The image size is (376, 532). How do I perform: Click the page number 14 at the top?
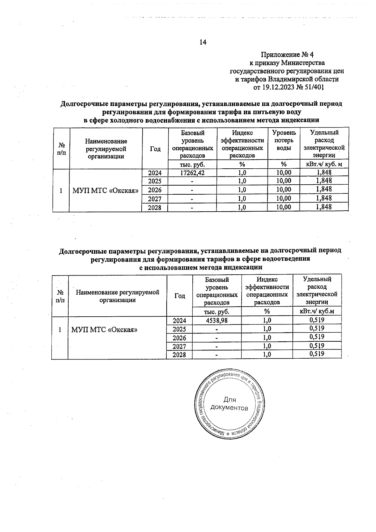point(203,42)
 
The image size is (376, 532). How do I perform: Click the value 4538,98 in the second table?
point(217,320)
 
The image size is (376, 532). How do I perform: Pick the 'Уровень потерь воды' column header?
point(284,140)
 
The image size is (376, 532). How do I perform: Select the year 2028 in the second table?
point(180,355)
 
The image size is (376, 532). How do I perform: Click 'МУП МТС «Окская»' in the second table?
point(105,329)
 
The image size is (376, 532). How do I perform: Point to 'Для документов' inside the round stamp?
point(230,404)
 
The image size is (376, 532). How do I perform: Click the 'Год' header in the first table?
point(155,149)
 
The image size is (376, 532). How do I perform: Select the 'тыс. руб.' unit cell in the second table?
point(217,312)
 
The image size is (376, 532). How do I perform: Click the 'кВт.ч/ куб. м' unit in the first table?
point(324,164)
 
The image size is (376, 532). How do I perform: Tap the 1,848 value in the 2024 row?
point(324,172)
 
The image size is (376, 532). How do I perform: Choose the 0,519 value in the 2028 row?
point(316,354)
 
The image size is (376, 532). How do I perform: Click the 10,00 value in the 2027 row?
point(284,198)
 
